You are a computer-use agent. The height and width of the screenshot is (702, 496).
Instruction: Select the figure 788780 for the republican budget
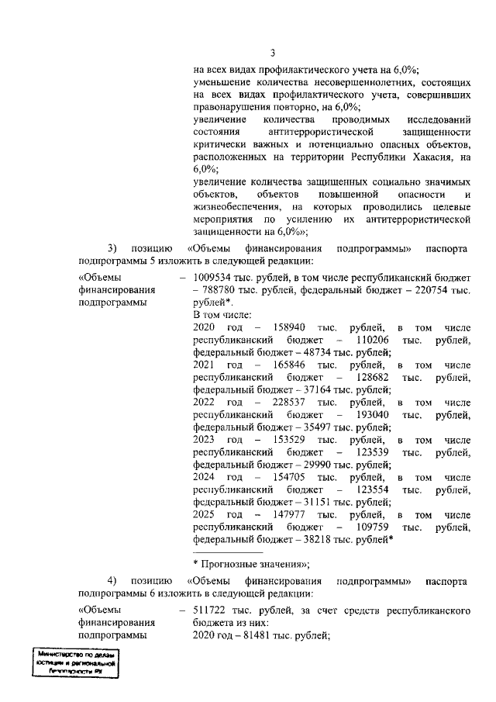tap(219, 289)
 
